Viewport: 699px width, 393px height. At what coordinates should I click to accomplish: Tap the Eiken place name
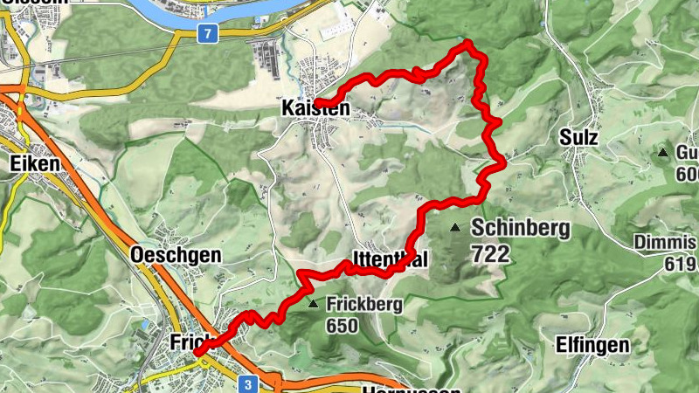pyautogui.click(x=34, y=163)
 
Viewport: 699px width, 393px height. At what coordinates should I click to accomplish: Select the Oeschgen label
pyautogui.click(x=175, y=255)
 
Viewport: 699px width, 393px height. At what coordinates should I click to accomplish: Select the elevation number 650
pyautogui.click(x=343, y=326)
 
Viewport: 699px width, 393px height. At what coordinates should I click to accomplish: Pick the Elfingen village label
pyautogui.click(x=592, y=345)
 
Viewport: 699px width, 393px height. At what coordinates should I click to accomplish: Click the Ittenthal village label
pyautogui.click(x=390, y=259)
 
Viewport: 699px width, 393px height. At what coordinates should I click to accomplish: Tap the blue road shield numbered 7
pyautogui.click(x=207, y=34)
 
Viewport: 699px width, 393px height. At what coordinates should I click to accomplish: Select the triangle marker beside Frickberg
pyautogui.click(x=314, y=305)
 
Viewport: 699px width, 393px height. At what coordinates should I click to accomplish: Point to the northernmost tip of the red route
pyautogui.click(x=467, y=43)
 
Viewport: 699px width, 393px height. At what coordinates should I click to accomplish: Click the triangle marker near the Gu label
pyautogui.click(x=663, y=154)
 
